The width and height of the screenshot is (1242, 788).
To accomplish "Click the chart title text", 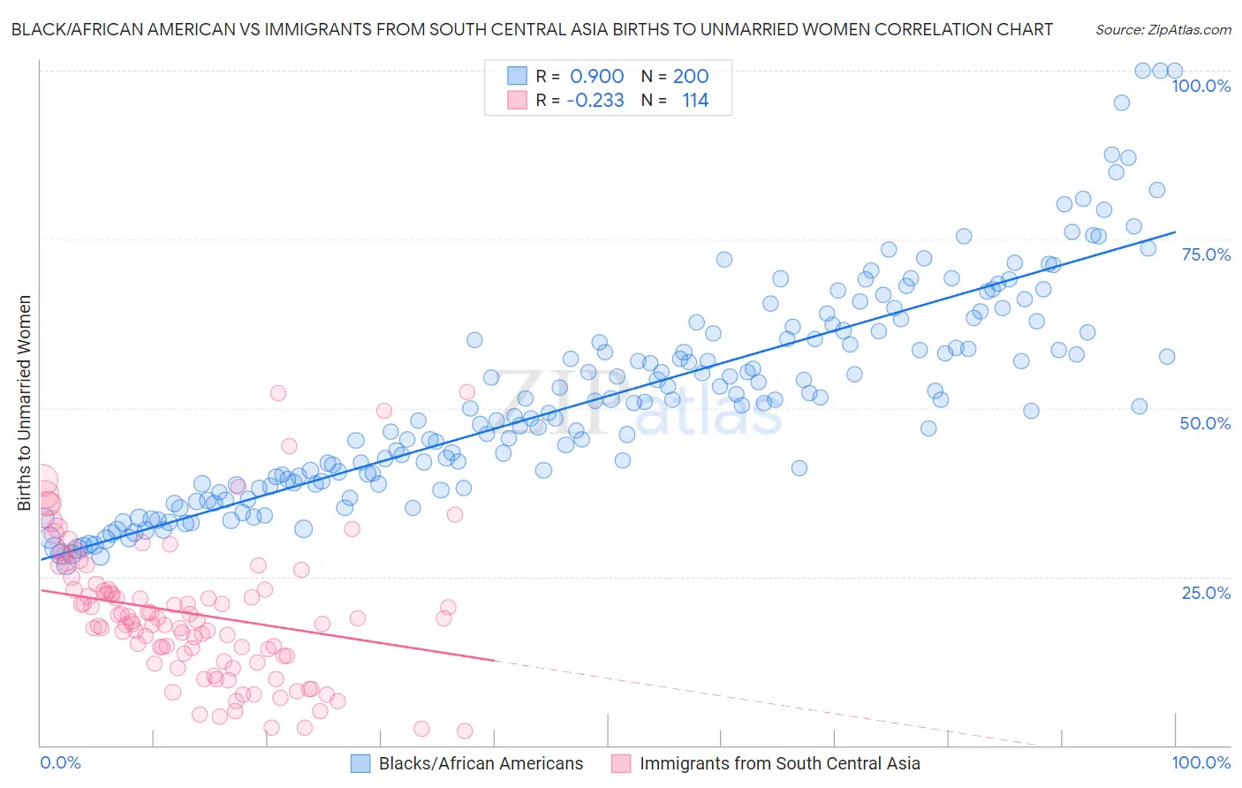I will click(x=532, y=29).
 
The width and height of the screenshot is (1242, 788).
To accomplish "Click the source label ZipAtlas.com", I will click(x=1162, y=29).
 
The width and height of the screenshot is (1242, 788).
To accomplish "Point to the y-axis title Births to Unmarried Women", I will click(x=24, y=403).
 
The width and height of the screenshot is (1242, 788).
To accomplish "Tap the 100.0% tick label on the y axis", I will click(x=1200, y=86).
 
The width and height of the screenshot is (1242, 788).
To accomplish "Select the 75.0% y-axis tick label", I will click(x=1206, y=254).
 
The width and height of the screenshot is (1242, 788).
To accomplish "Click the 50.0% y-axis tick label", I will click(x=1205, y=423).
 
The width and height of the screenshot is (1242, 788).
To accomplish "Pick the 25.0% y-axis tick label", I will click(x=1206, y=593).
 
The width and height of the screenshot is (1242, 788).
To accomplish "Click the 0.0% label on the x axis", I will click(x=60, y=762).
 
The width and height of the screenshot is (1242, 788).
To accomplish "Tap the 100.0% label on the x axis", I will click(x=1200, y=762).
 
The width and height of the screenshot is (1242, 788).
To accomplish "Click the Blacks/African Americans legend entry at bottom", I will click(x=481, y=763).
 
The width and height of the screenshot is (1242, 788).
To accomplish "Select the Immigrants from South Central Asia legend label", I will click(x=779, y=763).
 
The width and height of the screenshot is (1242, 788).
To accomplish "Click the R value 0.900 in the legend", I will click(x=596, y=77).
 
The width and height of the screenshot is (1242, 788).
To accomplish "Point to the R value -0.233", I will click(x=594, y=101).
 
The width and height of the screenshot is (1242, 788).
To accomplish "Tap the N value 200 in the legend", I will click(x=691, y=77).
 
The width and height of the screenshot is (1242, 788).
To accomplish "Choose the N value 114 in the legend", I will click(x=695, y=101).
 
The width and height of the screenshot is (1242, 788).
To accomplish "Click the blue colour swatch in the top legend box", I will click(x=517, y=77).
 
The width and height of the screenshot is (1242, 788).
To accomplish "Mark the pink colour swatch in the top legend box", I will click(x=517, y=101).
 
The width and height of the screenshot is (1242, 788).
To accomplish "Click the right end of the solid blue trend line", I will click(x=1175, y=231).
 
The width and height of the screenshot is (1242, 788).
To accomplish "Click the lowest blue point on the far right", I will click(x=1140, y=406).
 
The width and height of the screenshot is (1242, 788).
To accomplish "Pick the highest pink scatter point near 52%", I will click(x=278, y=393).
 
